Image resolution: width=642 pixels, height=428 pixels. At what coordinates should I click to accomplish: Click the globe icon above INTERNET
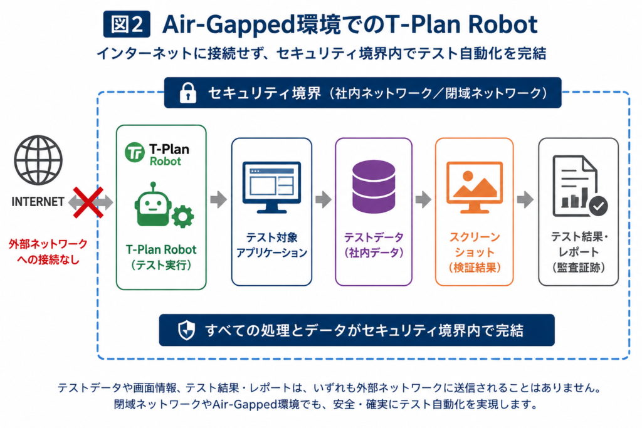tap(38, 160)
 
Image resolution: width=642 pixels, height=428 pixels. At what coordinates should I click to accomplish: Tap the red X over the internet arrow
tap(88, 202)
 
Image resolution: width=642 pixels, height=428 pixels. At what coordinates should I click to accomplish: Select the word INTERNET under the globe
tap(38, 202)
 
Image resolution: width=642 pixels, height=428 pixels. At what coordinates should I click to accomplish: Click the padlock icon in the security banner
tap(188, 93)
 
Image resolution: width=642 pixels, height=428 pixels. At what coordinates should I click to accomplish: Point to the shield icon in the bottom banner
tap(186, 330)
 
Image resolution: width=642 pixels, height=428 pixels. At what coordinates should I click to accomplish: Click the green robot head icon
tap(153, 204)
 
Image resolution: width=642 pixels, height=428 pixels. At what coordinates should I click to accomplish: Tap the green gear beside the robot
tap(182, 216)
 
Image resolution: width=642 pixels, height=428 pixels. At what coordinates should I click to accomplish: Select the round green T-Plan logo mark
tap(135, 152)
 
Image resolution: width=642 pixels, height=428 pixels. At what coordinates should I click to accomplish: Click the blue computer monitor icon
tap(271, 187)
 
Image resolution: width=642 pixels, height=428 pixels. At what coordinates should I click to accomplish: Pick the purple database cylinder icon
tap(374, 187)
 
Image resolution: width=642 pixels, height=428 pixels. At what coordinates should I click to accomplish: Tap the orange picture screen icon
tap(475, 187)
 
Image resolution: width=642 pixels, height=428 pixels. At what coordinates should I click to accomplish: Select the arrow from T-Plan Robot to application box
tap(219, 200)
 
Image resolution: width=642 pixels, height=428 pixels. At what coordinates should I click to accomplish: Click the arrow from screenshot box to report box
tap(525, 200)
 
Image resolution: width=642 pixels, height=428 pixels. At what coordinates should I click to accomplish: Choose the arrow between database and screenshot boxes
tap(423, 200)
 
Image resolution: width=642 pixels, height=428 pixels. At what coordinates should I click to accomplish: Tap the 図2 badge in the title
tap(127, 24)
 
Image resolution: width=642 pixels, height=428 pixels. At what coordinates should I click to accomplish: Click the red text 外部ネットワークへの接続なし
tap(48, 252)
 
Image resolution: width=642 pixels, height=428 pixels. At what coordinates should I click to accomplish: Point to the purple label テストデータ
tap(374, 237)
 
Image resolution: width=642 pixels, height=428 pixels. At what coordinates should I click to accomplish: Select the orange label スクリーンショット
tap(475, 244)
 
